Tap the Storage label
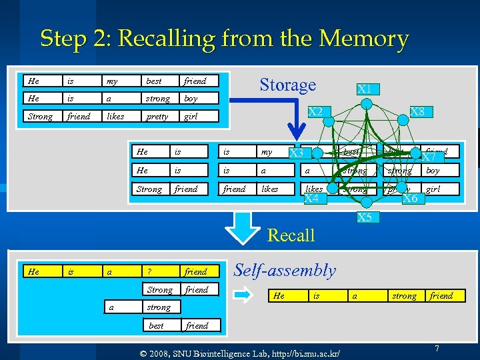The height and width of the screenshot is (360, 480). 287,85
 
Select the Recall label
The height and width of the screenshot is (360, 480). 291,235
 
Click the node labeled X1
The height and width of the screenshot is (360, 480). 364,89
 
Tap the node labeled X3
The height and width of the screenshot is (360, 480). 296,155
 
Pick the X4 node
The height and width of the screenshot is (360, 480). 311,199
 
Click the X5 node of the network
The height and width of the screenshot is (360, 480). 365,217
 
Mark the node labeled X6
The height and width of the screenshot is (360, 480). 410,199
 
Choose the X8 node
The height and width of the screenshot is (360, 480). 417,112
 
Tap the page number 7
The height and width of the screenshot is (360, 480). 437,349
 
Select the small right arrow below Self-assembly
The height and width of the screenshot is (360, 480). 245,292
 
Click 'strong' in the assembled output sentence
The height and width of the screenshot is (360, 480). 404,296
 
